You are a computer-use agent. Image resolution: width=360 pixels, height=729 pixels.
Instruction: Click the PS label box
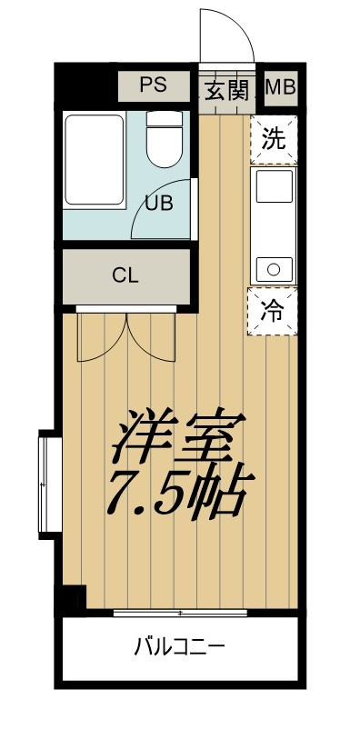pyautogui.click(x=153, y=87)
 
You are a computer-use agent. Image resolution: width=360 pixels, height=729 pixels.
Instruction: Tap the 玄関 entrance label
pyautogui.click(x=225, y=89)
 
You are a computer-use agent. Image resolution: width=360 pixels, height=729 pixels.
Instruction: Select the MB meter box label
pyautogui.click(x=280, y=88)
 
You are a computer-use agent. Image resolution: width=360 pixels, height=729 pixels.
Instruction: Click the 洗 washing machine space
pyautogui.click(x=274, y=140)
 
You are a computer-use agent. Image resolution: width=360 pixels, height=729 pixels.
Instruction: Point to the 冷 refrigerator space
pyautogui.click(x=274, y=309)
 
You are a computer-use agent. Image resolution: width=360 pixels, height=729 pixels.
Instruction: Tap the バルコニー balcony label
pyautogui.click(x=179, y=648)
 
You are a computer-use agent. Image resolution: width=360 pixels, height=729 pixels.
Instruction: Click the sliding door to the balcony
pyautogui.click(x=180, y=612)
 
